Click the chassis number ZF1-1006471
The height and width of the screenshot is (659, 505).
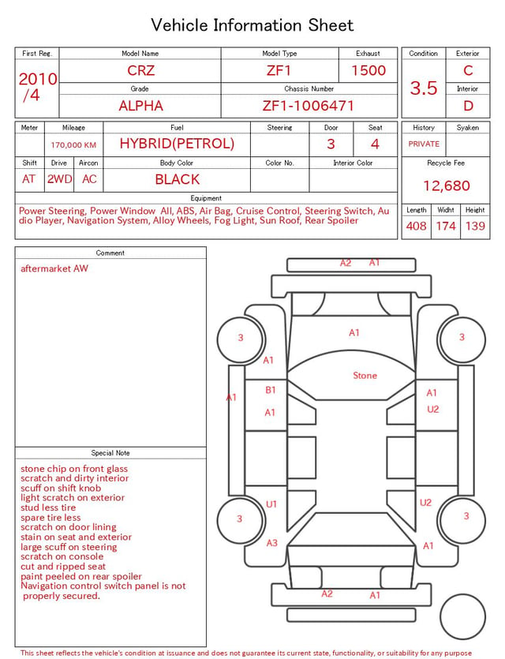point(309,106)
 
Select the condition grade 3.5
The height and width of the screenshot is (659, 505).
point(424,88)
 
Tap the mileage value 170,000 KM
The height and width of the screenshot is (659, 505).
point(73,145)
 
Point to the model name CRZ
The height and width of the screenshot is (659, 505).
point(140,70)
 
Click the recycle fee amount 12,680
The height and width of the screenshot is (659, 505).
point(446,185)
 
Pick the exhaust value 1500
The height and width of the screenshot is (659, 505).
point(368,70)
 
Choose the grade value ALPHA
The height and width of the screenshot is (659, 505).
point(140,106)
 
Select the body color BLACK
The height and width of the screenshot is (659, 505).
point(178,179)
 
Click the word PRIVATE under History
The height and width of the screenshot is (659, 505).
point(424,144)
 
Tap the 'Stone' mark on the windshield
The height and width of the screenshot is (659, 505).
point(365,376)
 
